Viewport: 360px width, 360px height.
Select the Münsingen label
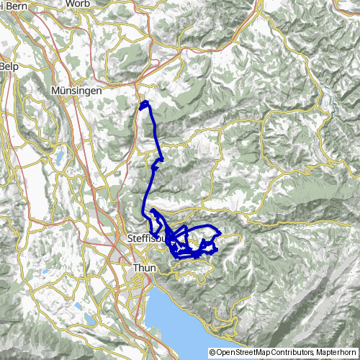pos(76,91)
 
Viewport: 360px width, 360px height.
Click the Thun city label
pos(145,267)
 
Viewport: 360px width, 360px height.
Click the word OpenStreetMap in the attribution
pos(249,332)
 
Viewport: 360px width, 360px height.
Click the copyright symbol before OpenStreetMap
pos(212,332)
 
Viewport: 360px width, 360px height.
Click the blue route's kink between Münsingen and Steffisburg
pos(163,159)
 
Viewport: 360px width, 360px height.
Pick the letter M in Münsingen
pos(56,91)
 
